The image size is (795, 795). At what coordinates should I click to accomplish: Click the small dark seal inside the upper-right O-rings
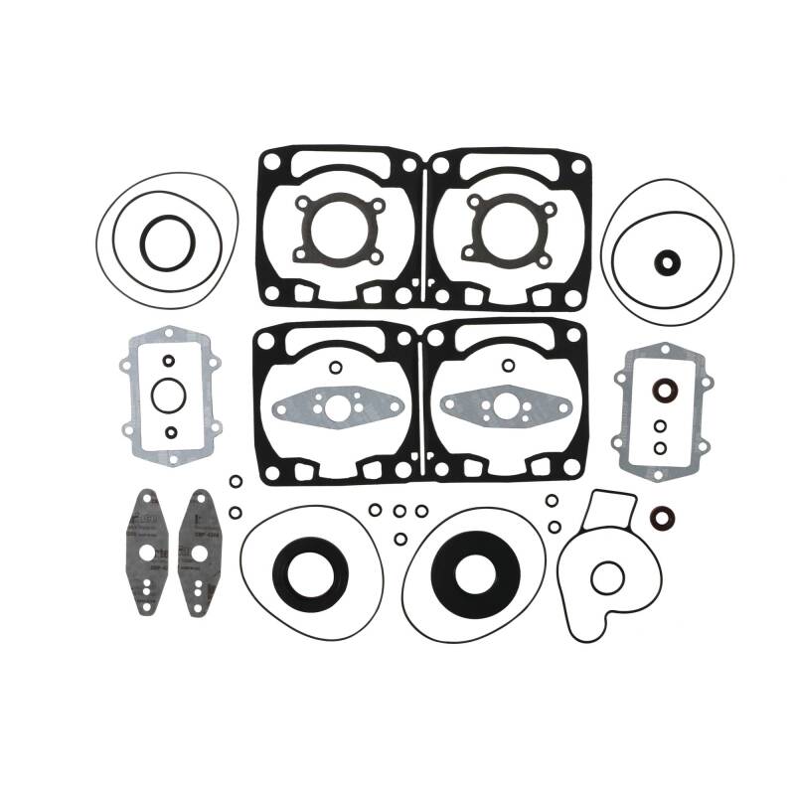[668, 262]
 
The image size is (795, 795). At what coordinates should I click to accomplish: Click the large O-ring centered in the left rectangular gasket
[169, 395]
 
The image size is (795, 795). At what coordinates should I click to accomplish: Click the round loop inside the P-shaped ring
[606, 576]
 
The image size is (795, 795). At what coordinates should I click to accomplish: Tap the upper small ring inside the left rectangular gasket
[169, 360]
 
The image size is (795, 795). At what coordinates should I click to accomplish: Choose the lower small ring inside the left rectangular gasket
[169, 432]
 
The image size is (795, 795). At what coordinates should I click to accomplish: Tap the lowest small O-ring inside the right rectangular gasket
[660, 445]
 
